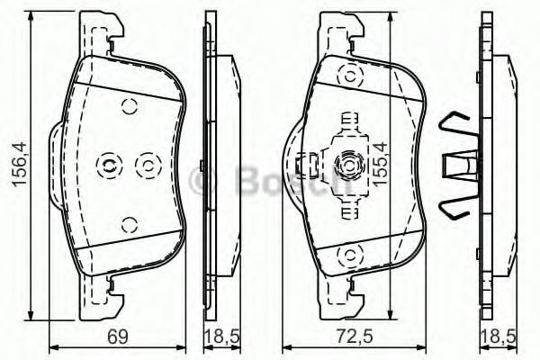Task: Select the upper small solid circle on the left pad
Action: click(130, 106)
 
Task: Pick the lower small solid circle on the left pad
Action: click(130, 225)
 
